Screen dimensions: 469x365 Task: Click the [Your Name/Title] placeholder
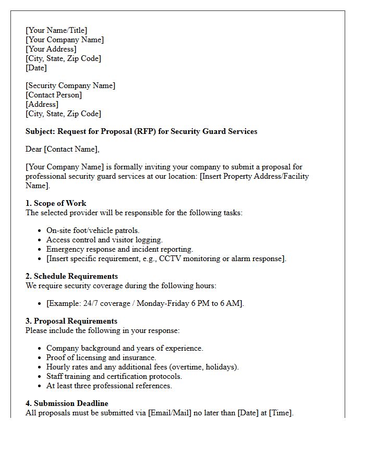(56, 31)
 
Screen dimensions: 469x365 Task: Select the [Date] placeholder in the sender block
(36, 68)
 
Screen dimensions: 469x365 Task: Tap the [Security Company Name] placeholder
(70, 86)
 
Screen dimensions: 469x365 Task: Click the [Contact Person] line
(54, 95)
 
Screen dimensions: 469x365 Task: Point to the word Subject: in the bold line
(40, 132)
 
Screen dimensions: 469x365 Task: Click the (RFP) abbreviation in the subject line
(144, 132)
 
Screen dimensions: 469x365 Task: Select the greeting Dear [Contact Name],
(62, 150)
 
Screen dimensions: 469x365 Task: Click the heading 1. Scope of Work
(56, 203)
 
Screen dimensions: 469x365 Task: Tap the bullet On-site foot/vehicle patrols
(93, 230)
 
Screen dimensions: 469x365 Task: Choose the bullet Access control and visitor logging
(104, 240)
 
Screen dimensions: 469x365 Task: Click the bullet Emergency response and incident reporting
(119, 249)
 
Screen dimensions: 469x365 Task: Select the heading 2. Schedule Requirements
(71, 276)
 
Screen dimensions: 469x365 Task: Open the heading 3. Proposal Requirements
(71, 321)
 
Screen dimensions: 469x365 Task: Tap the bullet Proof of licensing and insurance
(101, 357)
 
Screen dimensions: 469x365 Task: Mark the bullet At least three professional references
(109, 386)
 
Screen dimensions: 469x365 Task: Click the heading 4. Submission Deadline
(67, 403)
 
